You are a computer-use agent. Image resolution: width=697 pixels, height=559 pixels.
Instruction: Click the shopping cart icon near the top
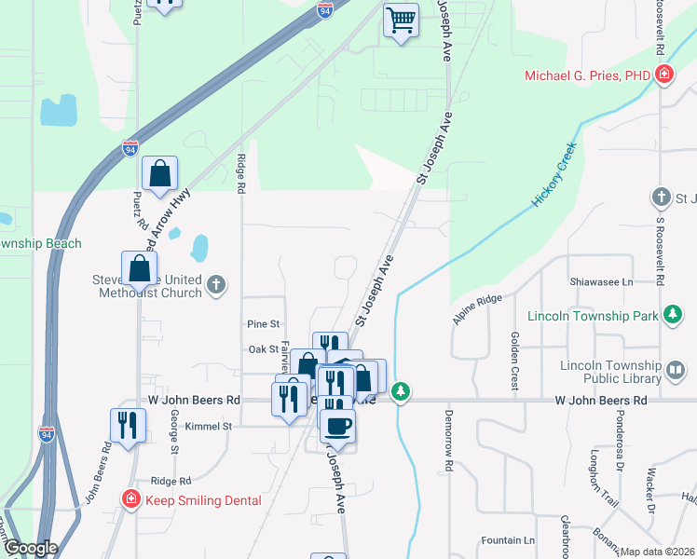coord(401,20)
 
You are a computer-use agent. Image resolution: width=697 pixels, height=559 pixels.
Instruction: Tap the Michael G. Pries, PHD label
coord(586,75)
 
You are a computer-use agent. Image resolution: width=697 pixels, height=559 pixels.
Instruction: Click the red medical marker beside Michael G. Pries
coord(663,75)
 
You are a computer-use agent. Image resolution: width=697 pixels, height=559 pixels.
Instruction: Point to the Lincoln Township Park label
coord(593,317)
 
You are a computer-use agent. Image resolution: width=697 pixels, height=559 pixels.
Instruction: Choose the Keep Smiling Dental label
coord(201,500)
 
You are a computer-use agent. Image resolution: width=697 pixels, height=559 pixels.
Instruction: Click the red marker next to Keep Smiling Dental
coord(131,500)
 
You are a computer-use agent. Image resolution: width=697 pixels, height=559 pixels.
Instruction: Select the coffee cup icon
coord(337,426)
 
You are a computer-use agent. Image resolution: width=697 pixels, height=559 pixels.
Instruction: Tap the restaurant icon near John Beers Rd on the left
coord(128,425)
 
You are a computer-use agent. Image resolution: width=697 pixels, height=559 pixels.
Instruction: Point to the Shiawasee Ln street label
coord(601,281)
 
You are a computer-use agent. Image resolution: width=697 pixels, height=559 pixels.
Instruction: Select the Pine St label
coord(264,324)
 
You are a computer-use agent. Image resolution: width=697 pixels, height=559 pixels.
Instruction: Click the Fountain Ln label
coord(508,540)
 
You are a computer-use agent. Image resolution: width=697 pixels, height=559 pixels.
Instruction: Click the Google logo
coord(31,549)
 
